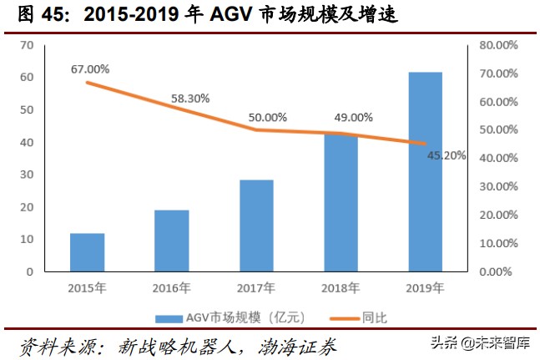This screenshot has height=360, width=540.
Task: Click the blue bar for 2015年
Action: [87, 252]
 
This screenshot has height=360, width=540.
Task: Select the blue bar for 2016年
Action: [171, 241]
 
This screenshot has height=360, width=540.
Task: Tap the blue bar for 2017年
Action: [256, 226]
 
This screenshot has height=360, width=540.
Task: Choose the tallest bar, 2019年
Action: [425, 171]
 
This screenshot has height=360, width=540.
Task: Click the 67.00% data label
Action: [90, 68]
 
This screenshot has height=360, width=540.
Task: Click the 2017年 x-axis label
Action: [256, 286]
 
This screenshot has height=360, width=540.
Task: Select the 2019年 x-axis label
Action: [425, 286]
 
